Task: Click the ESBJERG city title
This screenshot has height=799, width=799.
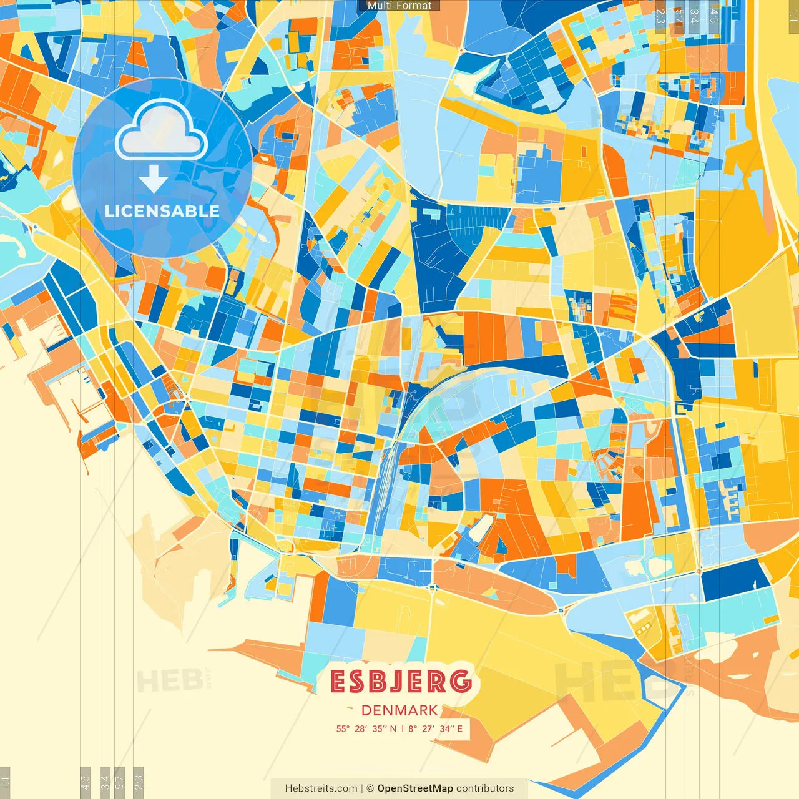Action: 400,682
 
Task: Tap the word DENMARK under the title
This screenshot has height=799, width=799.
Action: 399,710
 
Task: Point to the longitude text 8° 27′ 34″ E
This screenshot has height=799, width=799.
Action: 436,728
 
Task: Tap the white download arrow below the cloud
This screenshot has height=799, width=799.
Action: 154,179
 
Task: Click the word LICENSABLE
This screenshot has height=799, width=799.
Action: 162,211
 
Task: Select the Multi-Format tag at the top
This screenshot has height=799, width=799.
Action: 399,6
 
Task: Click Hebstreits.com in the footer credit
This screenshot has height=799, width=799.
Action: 321,788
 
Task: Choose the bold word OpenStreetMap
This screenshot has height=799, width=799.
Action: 414,788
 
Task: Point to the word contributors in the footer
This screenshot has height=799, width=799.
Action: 485,788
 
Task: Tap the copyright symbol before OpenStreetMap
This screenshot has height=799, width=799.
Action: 370,788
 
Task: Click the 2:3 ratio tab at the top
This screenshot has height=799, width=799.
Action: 660,16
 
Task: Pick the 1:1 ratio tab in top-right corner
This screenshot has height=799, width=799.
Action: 793,16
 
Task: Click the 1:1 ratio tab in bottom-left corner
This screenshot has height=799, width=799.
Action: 5,783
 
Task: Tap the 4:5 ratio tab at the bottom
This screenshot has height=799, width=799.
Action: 85,783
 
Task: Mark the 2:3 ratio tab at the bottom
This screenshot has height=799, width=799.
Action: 139,783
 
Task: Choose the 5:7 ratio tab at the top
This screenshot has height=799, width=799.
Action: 679,16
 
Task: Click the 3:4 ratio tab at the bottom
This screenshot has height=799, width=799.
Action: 105,783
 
